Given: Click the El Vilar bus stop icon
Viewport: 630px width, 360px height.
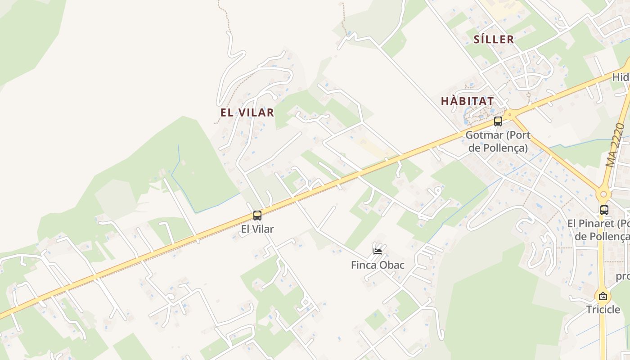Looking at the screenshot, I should [x=257, y=216].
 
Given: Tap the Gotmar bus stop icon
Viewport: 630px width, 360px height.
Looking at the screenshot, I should [x=498, y=121].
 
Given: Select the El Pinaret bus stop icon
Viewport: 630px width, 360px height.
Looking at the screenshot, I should [x=604, y=210].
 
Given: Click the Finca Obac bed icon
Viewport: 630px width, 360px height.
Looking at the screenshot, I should [x=378, y=251].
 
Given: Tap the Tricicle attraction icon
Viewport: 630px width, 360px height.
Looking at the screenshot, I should [x=603, y=296].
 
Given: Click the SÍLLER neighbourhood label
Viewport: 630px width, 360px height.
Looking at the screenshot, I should [x=494, y=40].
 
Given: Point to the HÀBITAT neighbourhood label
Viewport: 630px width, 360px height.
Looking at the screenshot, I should [x=468, y=101].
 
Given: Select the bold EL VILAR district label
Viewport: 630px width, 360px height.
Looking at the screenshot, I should [x=247, y=112].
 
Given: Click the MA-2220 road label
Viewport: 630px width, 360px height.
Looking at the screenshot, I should [x=615, y=145].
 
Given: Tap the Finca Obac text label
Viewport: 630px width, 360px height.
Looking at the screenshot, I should [x=378, y=265].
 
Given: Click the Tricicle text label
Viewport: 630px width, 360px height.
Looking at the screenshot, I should [x=603, y=310].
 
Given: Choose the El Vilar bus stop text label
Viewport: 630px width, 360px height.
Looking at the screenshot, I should [x=257, y=229].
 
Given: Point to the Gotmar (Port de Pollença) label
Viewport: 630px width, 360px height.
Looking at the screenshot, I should [x=498, y=141].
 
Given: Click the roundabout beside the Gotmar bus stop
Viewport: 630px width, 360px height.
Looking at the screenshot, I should [x=509, y=114].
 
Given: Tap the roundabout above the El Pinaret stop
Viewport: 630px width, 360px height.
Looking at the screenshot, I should [x=603, y=195].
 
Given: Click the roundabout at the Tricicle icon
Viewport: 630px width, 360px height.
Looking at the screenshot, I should [x=603, y=296].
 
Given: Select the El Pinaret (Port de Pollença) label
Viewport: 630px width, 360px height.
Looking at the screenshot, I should [x=598, y=229].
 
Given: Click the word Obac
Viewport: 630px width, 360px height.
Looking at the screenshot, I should [x=392, y=265].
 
